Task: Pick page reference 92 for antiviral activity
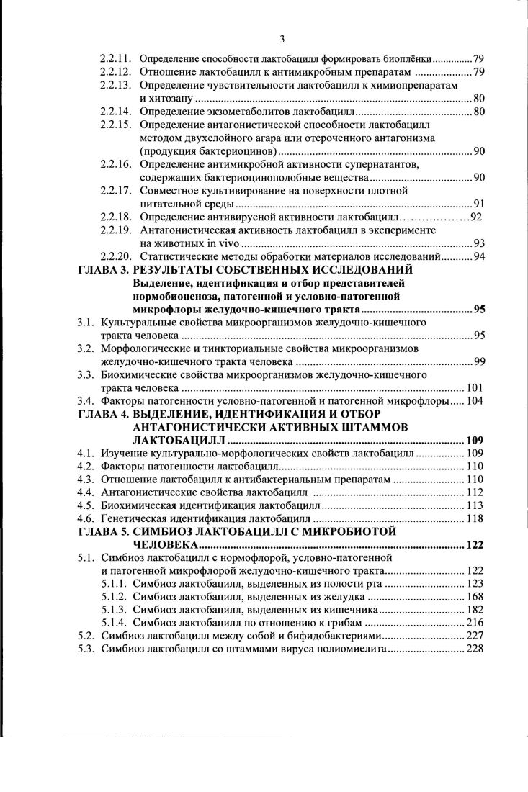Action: point(475,217)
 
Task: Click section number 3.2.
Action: point(86,348)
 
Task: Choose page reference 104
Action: point(475,401)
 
